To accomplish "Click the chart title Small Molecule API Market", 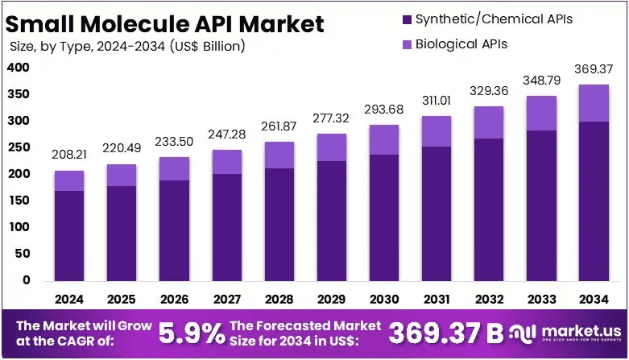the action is pyautogui.click(x=164, y=24).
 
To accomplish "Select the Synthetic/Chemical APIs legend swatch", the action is pyautogui.click(x=407, y=19).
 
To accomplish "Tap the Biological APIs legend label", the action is pyautogui.click(x=461, y=43).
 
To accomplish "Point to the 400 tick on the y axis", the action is pyautogui.click(x=19, y=68).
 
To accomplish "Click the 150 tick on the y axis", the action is pyautogui.click(x=19, y=201).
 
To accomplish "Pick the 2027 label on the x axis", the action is pyautogui.click(x=227, y=299).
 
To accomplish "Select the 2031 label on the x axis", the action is pyautogui.click(x=437, y=299).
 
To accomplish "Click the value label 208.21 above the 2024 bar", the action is pyautogui.click(x=69, y=155).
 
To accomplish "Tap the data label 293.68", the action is pyautogui.click(x=384, y=110).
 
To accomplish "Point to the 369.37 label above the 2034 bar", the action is pyautogui.click(x=594, y=69).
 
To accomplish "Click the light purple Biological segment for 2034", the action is pyautogui.click(x=594, y=103).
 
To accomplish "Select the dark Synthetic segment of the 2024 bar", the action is pyautogui.click(x=69, y=236).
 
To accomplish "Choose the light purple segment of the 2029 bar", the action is pyautogui.click(x=332, y=147).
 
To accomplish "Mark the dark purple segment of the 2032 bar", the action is pyautogui.click(x=489, y=210).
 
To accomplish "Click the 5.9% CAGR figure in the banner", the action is pyautogui.click(x=192, y=333).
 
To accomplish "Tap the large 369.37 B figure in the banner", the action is pyautogui.click(x=446, y=333).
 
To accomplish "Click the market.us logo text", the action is pyautogui.click(x=581, y=331).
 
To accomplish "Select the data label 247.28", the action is pyautogui.click(x=226, y=134).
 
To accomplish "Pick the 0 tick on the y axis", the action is pyautogui.click(x=27, y=280).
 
